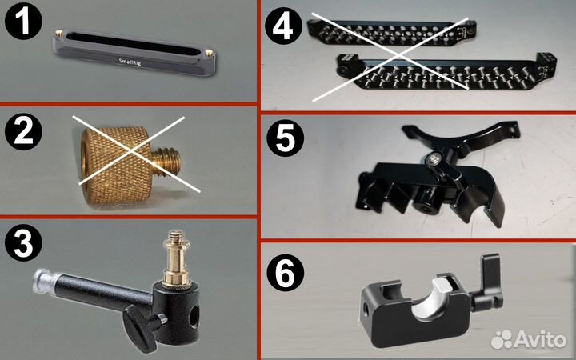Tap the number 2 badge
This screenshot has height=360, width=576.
coord(23,131)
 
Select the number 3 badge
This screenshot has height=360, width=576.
coord(23,243)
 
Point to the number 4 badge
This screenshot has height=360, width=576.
coord(283,26)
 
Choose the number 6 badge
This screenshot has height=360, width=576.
coord(285,273)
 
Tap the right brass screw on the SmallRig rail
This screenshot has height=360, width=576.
coord(209,53)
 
